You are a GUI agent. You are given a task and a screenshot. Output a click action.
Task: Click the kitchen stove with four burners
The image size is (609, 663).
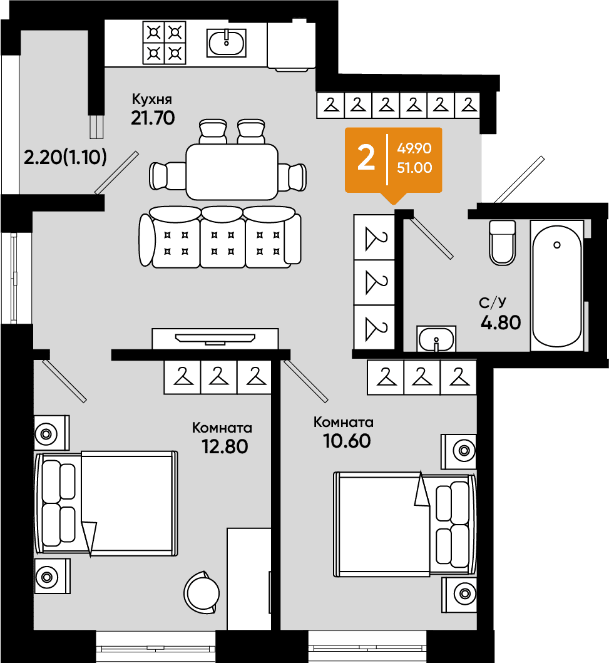165,43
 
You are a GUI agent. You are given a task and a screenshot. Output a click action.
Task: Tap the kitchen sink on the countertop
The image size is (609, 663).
227,43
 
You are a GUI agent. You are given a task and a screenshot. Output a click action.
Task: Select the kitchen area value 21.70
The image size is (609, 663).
153,118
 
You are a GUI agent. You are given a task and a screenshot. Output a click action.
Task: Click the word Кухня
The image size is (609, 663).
152,100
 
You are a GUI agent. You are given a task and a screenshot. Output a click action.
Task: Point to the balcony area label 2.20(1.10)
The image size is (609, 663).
65,157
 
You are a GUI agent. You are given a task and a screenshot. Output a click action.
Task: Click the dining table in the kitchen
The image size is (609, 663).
232,172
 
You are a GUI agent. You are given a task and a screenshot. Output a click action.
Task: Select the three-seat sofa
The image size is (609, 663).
220,237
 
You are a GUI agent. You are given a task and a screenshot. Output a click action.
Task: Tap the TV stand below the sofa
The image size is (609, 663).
215,339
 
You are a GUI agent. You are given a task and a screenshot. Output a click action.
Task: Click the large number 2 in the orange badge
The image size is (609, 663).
366,158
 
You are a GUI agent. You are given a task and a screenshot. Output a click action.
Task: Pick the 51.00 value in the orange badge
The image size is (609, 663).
414,168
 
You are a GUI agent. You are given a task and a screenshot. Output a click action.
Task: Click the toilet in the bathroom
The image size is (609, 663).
502,242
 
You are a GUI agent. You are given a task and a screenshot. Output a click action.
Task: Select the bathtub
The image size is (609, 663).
557,286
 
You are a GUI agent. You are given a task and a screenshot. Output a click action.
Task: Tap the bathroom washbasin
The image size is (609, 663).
436,339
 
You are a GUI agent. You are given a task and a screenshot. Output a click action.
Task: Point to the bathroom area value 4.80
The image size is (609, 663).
501,322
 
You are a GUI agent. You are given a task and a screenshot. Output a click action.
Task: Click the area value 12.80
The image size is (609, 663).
225,446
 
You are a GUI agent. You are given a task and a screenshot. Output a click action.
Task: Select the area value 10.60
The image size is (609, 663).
347,441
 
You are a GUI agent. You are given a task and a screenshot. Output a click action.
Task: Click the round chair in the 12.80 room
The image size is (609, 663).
202,592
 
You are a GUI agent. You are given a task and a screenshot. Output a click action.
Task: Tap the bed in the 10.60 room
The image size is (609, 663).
405,524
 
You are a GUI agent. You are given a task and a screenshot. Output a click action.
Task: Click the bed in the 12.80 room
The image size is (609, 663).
106,503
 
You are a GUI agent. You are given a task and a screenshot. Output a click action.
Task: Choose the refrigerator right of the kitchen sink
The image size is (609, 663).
292,46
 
